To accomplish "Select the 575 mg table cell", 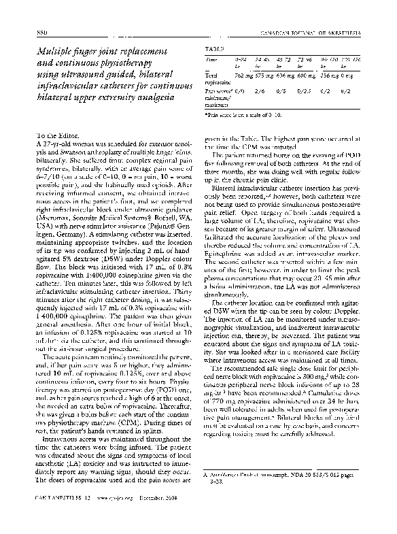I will (x=264, y=75).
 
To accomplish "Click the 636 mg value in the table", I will (x=285, y=75).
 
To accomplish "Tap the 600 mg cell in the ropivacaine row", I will (x=306, y=75).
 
